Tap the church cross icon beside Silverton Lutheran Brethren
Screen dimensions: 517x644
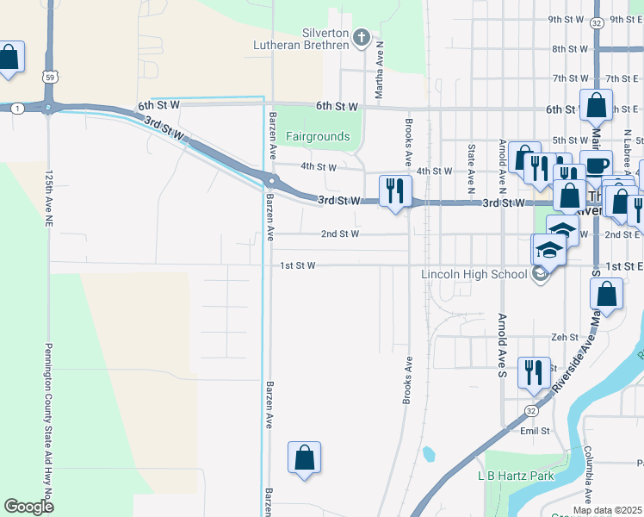[362, 38]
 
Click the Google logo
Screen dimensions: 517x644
[28, 507]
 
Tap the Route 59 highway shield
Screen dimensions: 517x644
[52, 77]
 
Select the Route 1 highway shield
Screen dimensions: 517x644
[17, 108]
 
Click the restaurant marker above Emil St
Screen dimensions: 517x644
[534, 372]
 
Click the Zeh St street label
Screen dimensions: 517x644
[565, 338]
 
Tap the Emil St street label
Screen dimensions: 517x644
[535, 431]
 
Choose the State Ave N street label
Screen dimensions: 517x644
[471, 168]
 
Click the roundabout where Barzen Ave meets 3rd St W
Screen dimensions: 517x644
[271, 181]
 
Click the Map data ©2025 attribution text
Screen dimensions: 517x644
[607, 510]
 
